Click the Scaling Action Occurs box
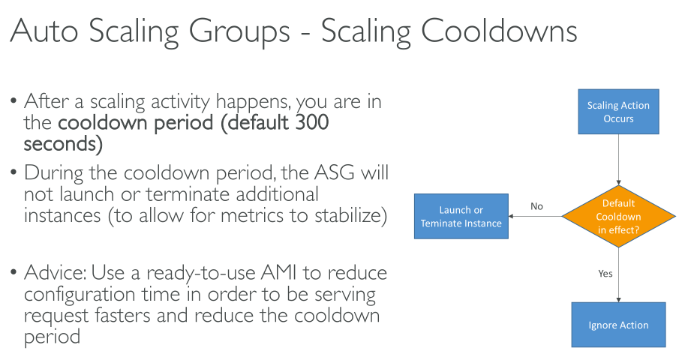(x=618, y=112)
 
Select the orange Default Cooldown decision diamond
(x=618, y=216)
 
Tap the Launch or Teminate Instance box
(x=461, y=216)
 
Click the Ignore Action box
(x=618, y=325)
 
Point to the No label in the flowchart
(x=536, y=206)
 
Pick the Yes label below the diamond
(x=605, y=274)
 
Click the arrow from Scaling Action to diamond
(x=618, y=160)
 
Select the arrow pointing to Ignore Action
(x=618, y=274)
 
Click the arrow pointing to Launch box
(x=535, y=216)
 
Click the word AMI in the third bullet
(x=278, y=272)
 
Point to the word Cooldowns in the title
(x=499, y=31)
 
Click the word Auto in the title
(x=44, y=31)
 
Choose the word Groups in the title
(x=239, y=31)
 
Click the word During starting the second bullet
(x=53, y=173)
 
